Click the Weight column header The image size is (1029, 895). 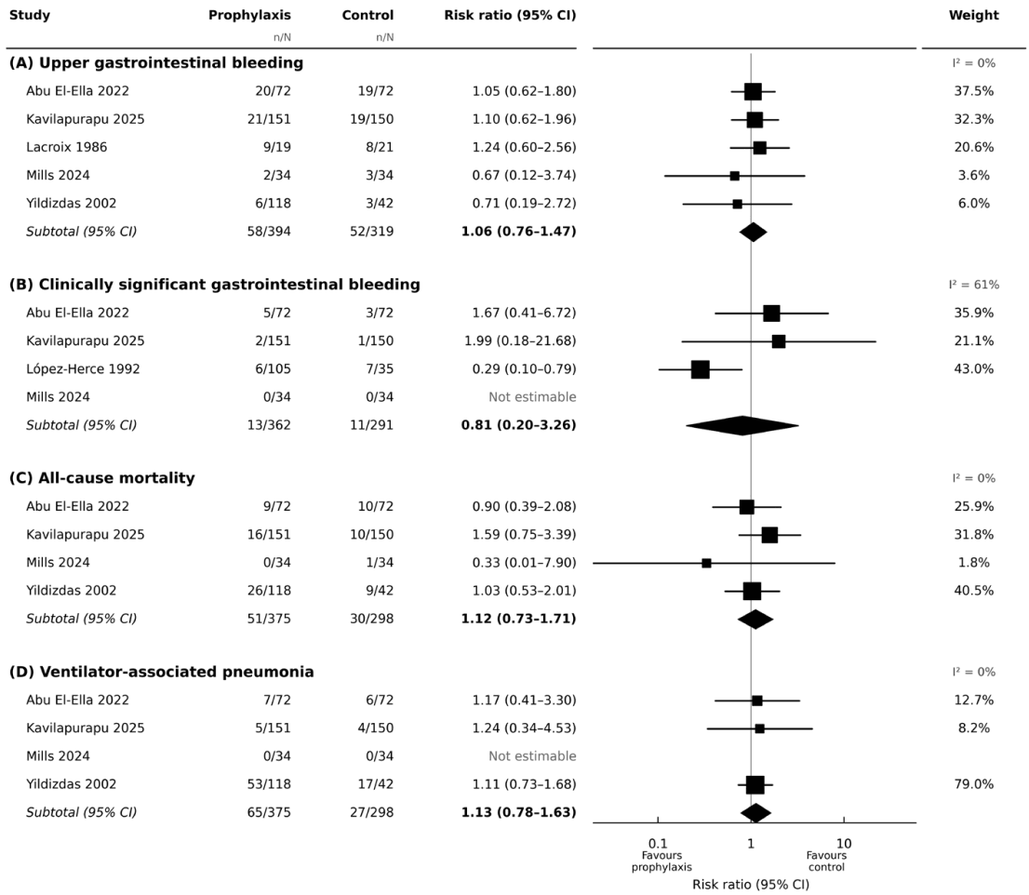point(973,15)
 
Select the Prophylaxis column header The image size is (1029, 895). point(249,15)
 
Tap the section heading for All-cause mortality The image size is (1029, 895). point(101,477)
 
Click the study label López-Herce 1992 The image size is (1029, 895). point(83,368)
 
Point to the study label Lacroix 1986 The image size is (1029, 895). point(66,147)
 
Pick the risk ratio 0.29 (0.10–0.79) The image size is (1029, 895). point(524,368)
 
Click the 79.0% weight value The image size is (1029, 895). point(973,784)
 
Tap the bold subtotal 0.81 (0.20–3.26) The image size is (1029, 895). point(518,425)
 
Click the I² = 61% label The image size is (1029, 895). point(973,285)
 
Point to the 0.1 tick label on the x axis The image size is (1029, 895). point(658,843)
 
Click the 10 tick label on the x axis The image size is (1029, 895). point(844,843)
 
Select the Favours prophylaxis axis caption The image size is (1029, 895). point(661,861)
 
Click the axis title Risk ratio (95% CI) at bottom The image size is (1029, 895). point(751,885)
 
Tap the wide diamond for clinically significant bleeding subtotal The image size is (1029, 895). point(742,425)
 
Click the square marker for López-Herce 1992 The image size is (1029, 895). point(701,369)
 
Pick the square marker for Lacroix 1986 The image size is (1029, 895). point(759,148)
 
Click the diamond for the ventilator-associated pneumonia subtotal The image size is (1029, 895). point(756,812)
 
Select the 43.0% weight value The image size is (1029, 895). point(973,368)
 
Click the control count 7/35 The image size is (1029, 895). point(380,368)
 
